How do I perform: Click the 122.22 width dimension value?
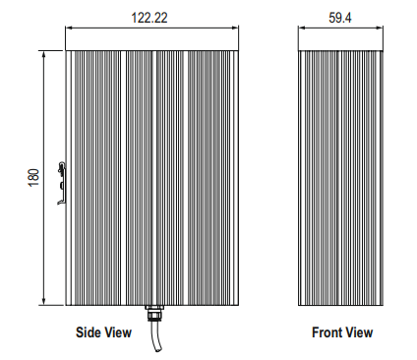pyautogui.click(x=149, y=18)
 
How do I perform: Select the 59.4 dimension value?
pyautogui.click(x=340, y=18)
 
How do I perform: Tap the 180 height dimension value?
pyautogui.click(x=33, y=177)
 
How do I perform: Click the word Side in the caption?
pyautogui.click(x=87, y=332)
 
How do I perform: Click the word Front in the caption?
pyautogui.click(x=327, y=332)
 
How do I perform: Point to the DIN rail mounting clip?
pyautogui.click(x=61, y=183)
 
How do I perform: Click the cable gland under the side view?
pyautogui.click(x=154, y=313)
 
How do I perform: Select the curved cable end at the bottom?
pyautogui.click(x=156, y=336)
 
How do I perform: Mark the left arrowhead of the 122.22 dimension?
pyautogui.click(x=69, y=28)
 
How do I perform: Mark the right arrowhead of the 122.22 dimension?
pyautogui.click(x=235, y=28)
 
